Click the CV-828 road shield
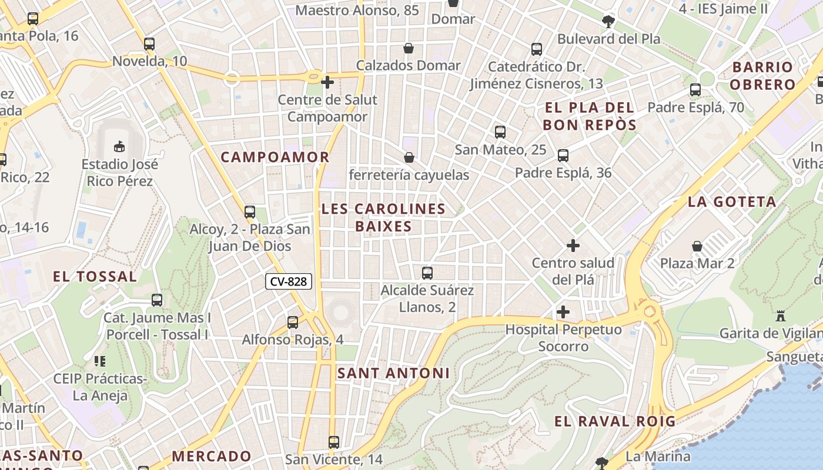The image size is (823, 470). point(288,281)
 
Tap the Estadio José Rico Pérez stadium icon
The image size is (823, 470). point(119,145)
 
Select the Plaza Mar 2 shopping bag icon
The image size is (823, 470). point(697,246)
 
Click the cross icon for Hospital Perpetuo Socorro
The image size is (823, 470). point(563,311)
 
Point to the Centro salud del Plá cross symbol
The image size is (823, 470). point(573,245)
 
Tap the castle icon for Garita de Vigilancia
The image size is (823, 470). point(781,315)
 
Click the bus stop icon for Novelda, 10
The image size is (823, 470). point(149,43)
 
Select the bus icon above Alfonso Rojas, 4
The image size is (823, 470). point(293,322)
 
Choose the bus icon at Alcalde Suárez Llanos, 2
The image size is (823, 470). point(427,273)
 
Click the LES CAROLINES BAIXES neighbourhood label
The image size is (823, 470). point(383,217)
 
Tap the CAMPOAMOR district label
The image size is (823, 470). point(275,157)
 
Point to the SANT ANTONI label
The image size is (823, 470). point(393,373)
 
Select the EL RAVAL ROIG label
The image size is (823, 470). point(615,421)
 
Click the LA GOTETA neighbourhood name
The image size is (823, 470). point(732,202)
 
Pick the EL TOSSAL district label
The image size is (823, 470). point(95,276)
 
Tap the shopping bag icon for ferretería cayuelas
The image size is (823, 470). point(409,157)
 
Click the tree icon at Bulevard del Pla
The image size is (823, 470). point(608,22)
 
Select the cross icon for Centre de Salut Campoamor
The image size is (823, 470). point(327,82)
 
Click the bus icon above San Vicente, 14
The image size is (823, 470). point(334,442)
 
